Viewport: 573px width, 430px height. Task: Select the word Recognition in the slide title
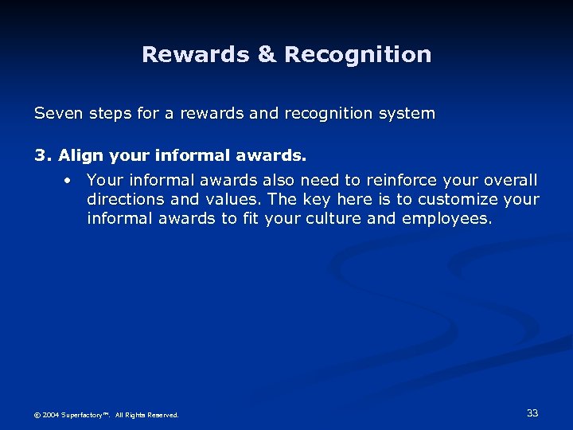coord(358,55)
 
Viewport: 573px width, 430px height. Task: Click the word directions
coord(124,199)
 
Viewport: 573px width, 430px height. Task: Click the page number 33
coord(532,412)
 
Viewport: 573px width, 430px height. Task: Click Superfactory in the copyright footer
coord(88,415)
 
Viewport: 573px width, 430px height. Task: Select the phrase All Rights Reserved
coord(147,415)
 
